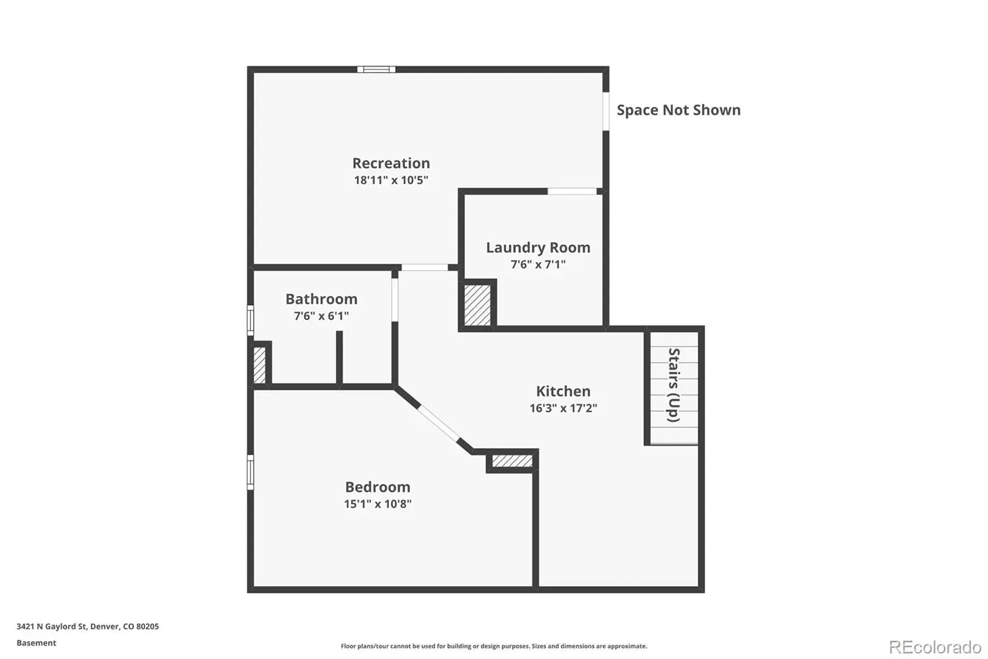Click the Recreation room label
click(391, 163)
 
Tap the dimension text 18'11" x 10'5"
click(391, 180)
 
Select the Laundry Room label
click(538, 248)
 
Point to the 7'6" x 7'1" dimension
click(538, 264)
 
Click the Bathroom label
click(321, 299)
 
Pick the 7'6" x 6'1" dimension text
click(321, 315)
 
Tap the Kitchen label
click(563, 391)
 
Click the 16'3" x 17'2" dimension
click(563, 407)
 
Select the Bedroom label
click(377, 487)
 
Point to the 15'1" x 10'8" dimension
click(377, 504)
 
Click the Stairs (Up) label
click(674, 385)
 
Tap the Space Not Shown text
click(679, 110)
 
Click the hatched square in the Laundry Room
click(477, 305)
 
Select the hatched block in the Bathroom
click(259, 365)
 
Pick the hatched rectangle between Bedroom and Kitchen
click(512, 461)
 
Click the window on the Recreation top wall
click(376, 69)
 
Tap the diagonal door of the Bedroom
click(438, 423)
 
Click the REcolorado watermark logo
click(935, 647)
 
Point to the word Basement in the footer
click(36, 643)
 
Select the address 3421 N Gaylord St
click(51, 626)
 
